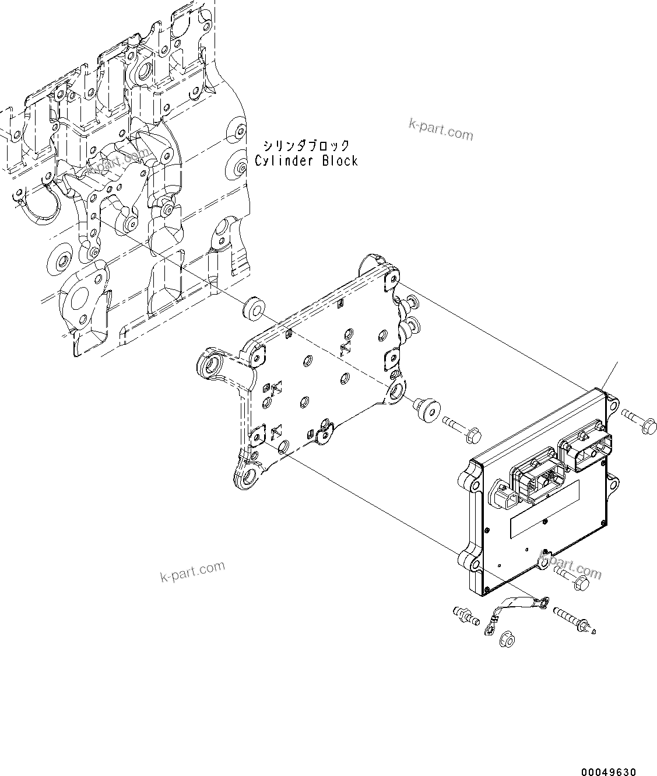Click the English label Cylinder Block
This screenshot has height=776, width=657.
tap(306, 161)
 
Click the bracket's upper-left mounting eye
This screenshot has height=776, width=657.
tap(212, 368)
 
